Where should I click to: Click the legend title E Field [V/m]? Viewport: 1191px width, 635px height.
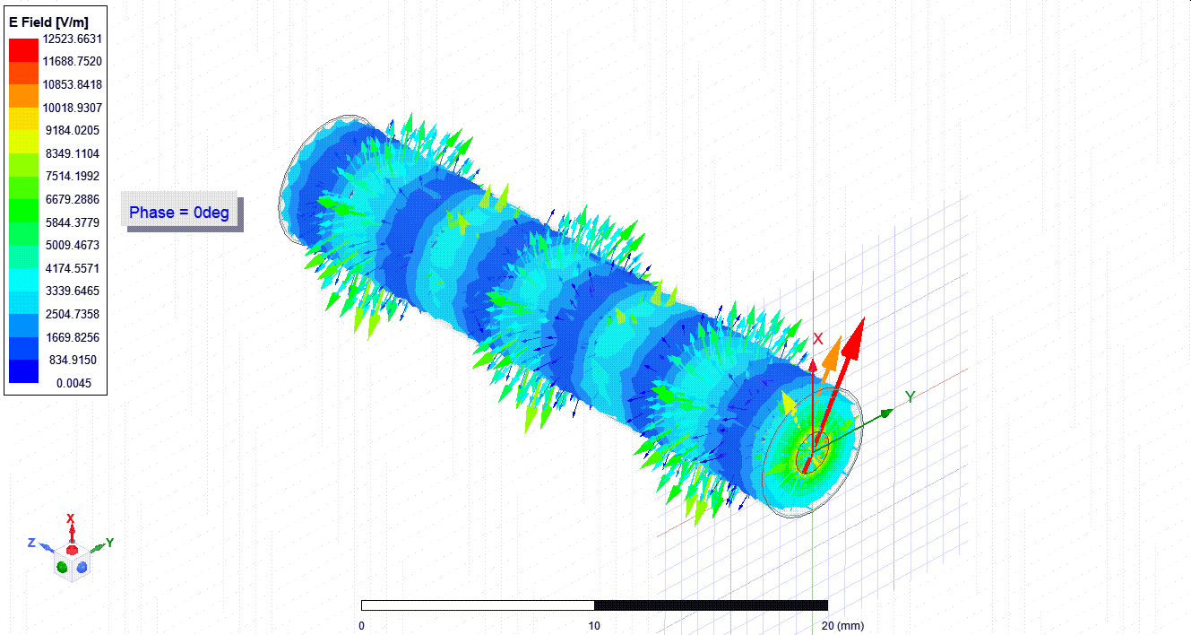point(48,22)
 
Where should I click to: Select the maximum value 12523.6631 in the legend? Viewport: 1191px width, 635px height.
point(73,39)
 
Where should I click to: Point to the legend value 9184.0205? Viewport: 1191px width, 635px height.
point(73,130)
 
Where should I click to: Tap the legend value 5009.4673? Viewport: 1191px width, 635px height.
point(73,246)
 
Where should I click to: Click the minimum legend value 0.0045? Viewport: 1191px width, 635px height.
point(73,383)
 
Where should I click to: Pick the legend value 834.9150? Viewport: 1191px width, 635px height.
point(73,361)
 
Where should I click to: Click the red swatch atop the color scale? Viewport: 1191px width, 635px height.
point(24,50)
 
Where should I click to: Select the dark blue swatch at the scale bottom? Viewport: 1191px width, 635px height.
point(24,371)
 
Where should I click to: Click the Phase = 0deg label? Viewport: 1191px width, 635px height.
point(179,213)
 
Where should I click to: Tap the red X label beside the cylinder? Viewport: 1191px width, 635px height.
point(818,339)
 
